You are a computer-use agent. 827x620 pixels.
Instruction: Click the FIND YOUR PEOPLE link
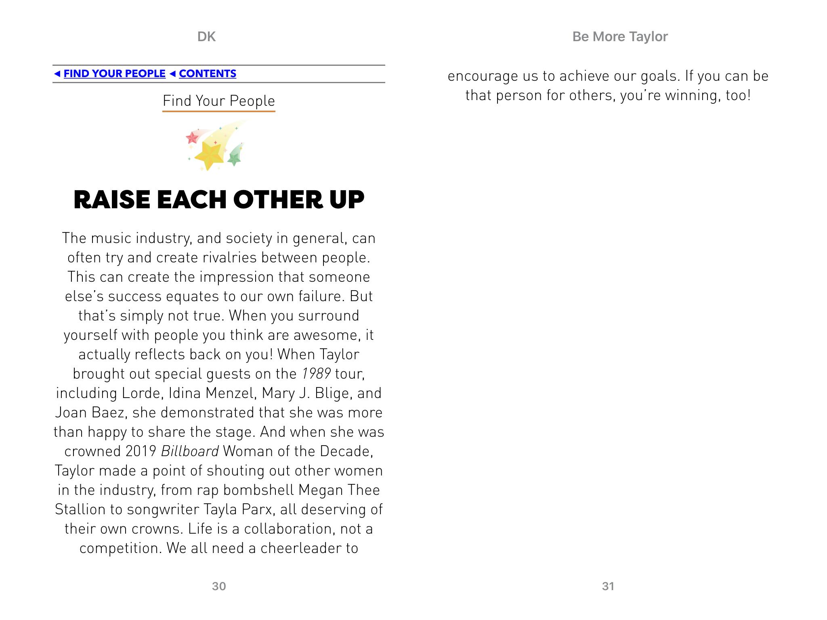point(114,73)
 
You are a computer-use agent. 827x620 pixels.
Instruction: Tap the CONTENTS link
point(207,73)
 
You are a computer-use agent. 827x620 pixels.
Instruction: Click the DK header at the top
point(206,37)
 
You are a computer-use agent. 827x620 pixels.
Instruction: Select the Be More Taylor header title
point(620,37)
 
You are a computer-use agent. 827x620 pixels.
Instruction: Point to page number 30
point(219,586)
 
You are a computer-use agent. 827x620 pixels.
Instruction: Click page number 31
point(608,586)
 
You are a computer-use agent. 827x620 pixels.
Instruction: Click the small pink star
point(192,138)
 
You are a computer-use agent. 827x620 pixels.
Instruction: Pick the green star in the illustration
point(235,156)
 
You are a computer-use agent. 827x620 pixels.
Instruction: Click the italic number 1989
point(316,374)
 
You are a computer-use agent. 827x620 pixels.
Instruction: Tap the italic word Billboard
point(190,451)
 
